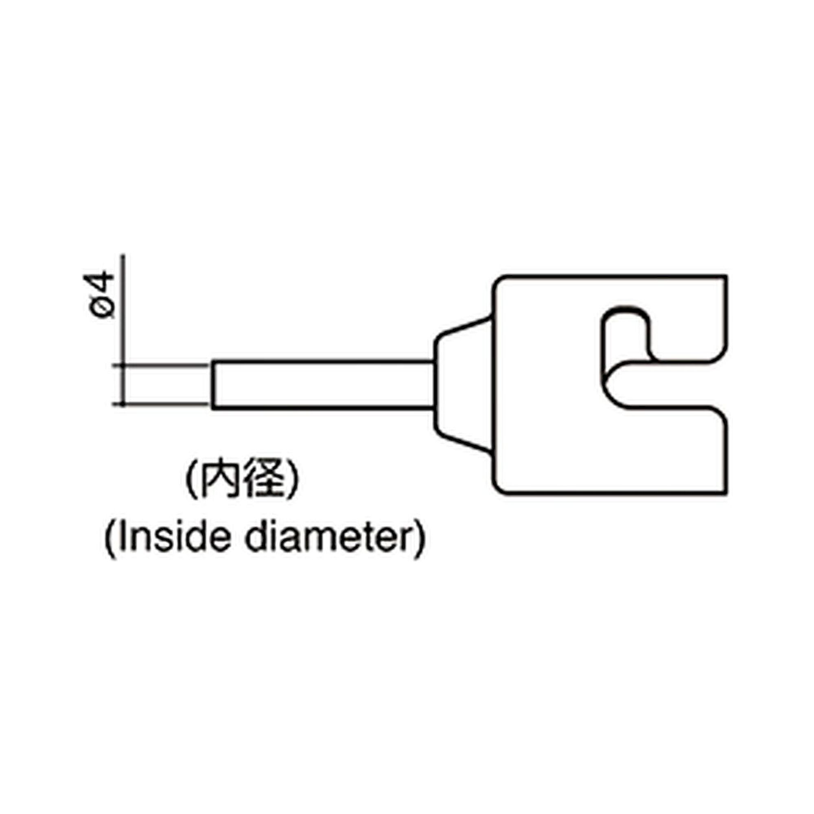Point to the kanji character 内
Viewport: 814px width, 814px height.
click(219, 480)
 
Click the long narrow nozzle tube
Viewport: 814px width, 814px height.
click(323, 384)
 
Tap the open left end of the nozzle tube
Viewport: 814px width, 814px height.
click(212, 384)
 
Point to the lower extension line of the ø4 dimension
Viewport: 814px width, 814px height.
click(160, 404)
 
